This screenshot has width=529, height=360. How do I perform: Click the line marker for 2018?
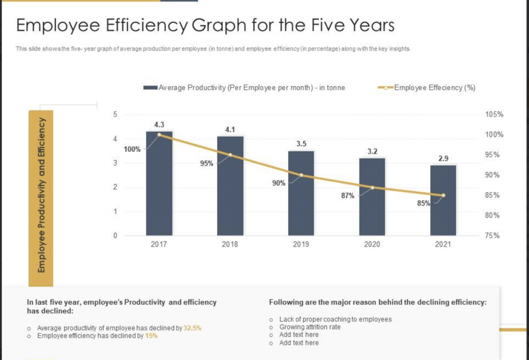(230, 155)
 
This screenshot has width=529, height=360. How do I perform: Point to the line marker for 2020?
(372, 187)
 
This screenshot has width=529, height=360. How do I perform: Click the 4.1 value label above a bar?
(230, 130)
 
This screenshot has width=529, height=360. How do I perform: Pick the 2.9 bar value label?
(443, 159)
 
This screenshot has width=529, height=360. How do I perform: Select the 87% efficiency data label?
(348, 196)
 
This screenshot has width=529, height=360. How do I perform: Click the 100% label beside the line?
(132, 150)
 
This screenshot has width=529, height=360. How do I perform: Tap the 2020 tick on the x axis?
(372, 244)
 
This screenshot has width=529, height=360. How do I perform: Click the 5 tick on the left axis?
(115, 115)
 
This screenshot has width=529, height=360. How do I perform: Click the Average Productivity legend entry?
(244, 88)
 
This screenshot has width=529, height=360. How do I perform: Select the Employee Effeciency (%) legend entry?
(428, 88)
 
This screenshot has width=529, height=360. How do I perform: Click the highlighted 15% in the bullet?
(151, 336)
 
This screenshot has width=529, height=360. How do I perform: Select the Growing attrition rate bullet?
(310, 327)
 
